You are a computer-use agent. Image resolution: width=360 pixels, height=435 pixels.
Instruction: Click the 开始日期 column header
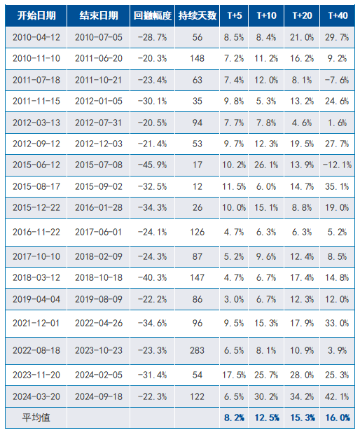[x=36, y=15]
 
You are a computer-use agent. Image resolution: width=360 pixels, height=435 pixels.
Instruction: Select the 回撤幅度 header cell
[x=152, y=15]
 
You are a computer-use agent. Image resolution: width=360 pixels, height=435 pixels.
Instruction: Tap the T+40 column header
[x=338, y=15]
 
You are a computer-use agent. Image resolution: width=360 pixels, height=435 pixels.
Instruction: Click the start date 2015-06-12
[x=36, y=165]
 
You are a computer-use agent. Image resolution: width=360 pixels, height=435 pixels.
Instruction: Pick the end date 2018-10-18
[x=99, y=277]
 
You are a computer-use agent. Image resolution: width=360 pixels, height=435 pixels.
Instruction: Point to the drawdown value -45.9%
[x=152, y=165]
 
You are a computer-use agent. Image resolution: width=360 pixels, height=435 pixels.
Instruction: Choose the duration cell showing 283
[x=197, y=350]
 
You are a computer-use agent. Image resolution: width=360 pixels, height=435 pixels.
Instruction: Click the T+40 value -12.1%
[x=338, y=165]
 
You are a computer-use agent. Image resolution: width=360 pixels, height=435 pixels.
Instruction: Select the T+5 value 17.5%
[x=234, y=375]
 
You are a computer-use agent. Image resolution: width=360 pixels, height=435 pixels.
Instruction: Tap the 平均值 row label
[x=36, y=417]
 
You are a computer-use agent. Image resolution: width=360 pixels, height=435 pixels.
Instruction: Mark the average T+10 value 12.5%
[x=267, y=417]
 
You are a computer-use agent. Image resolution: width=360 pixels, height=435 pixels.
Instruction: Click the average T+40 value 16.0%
[x=338, y=417]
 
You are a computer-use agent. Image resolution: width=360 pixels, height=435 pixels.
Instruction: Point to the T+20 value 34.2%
[x=302, y=396]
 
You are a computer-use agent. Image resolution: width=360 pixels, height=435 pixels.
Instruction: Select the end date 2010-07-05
[x=99, y=37]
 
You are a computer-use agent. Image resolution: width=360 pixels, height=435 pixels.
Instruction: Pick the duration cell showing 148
[x=197, y=58]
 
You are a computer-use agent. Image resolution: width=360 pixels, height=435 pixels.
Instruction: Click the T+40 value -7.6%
[x=338, y=80]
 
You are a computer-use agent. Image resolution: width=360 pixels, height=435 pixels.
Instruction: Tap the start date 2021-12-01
[x=36, y=323]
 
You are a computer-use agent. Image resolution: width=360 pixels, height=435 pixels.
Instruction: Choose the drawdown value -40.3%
[x=152, y=277]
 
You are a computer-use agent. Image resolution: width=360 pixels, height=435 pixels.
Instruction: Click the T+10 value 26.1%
[x=266, y=165]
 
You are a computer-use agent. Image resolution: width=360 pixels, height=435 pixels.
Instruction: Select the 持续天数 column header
[x=198, y=15]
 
